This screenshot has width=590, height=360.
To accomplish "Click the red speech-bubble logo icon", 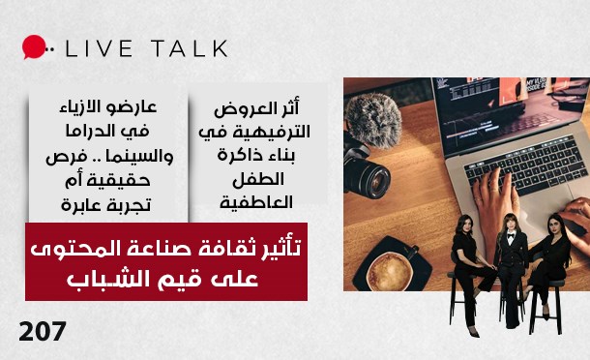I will point(35,47).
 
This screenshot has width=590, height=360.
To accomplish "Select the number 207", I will point(42,332).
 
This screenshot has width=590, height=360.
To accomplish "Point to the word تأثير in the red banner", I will point(280,250).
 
